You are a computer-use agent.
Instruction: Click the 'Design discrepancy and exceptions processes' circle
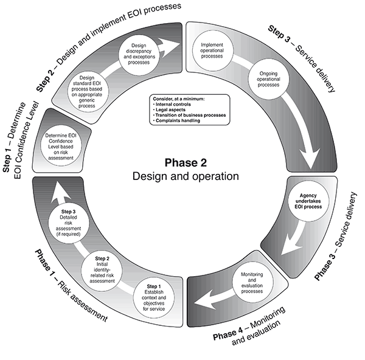tap(139, 54)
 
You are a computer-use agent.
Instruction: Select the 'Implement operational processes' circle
tap(213, 50)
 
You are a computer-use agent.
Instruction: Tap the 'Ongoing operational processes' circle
tap(268, 79)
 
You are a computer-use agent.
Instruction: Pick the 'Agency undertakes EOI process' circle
tap(308, 201)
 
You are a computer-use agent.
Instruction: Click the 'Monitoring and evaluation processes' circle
tap(252, 282)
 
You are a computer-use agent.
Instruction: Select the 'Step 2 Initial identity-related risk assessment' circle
tap(102, 271)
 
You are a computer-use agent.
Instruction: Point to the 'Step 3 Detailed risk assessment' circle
tap(69, 223)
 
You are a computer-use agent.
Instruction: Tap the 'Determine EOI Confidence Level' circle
tap(61, 146)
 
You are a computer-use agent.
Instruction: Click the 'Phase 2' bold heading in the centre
tap(186, 162)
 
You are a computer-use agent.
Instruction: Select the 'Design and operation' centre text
tap(186, 176)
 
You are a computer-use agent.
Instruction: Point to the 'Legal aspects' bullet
tap(170, 109)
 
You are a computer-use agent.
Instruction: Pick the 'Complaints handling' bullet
tap(176, 120)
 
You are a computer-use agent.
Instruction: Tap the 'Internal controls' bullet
tap(172, 104)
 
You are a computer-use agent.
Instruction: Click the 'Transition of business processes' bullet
tap(189, 115)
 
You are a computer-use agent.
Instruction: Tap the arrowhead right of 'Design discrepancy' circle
tap(170, 44)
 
